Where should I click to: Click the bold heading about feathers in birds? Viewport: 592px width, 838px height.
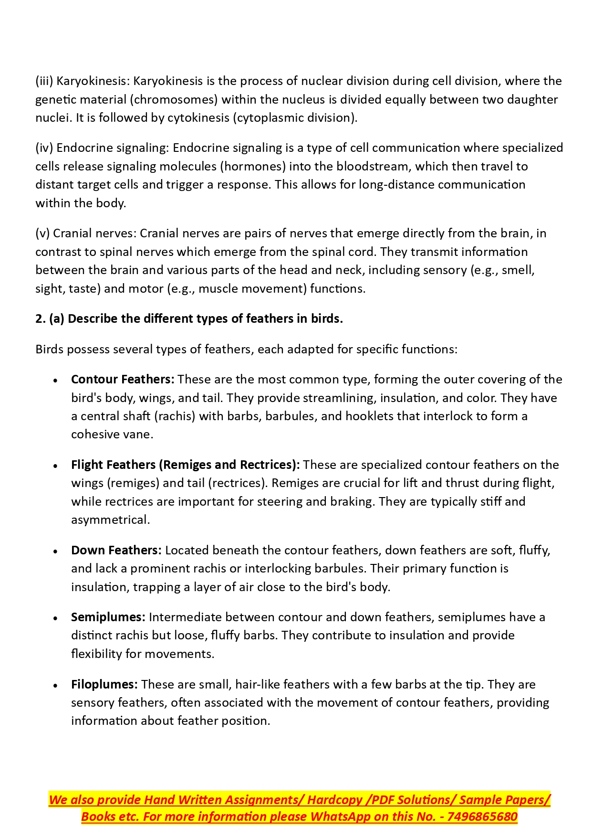[x=189, y=319]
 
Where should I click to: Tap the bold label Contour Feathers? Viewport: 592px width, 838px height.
[x=123, y=380]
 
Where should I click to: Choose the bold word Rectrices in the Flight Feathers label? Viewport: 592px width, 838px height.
[x=268, y=465]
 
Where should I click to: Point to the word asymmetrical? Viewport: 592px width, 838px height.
[x=110, y=520]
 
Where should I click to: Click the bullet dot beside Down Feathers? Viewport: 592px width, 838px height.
[x=56, y=552]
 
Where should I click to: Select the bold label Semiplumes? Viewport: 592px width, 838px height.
[x=108, y=617]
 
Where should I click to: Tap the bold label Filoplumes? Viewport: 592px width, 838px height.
[x=104, y=685]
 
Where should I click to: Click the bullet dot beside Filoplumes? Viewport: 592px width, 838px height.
[x=56, y=686]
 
